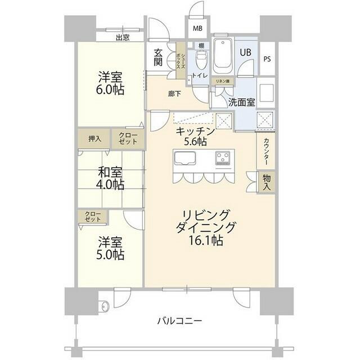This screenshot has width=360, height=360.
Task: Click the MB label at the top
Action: (x=198, y=28)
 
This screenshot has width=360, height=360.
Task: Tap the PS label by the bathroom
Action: (x=267, y=58)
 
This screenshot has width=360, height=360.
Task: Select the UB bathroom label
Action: (x=245, y=52)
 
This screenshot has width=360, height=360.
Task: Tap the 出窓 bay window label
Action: (x=123, y=38)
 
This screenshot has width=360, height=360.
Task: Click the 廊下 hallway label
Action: (x=174, y=94)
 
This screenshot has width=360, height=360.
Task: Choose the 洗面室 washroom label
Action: (x=242, y=103)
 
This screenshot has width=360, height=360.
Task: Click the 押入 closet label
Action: (x=94, y=138)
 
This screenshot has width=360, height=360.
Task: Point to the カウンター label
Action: (x=265, y=152)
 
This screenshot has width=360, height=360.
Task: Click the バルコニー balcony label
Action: (x=180, y=321)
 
